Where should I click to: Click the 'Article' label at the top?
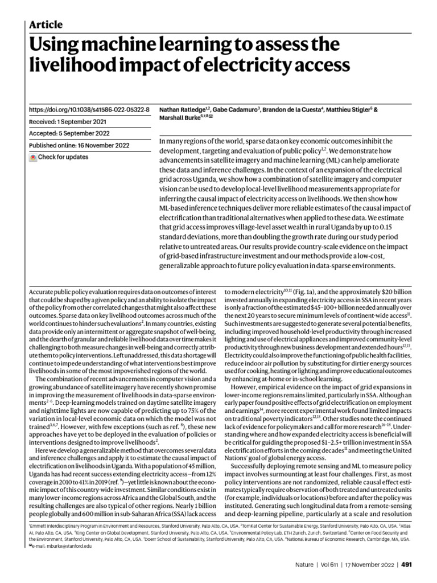pos(46,24)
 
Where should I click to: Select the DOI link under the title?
pos(89,109)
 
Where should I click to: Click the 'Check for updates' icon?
pos(33,157)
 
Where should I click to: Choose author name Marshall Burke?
pos(179,118)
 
